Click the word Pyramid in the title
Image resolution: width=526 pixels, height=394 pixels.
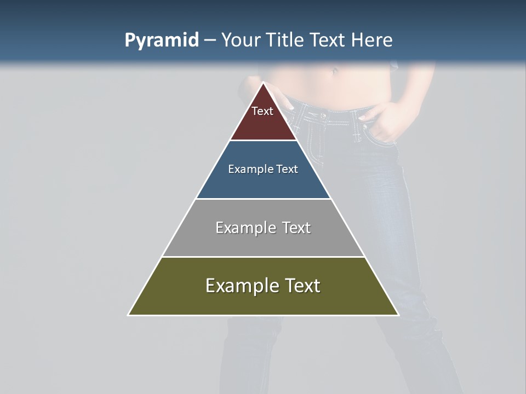(x=161, y=40)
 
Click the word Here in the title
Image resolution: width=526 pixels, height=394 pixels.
(x=372, y=40)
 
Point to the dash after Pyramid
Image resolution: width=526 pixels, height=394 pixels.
(x=210, y=41)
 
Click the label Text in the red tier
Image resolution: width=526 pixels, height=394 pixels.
(x=262, y=111)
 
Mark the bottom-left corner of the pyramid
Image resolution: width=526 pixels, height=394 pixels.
(x=129, y=315)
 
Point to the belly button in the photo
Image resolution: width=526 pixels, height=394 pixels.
(x=334, y=71)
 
